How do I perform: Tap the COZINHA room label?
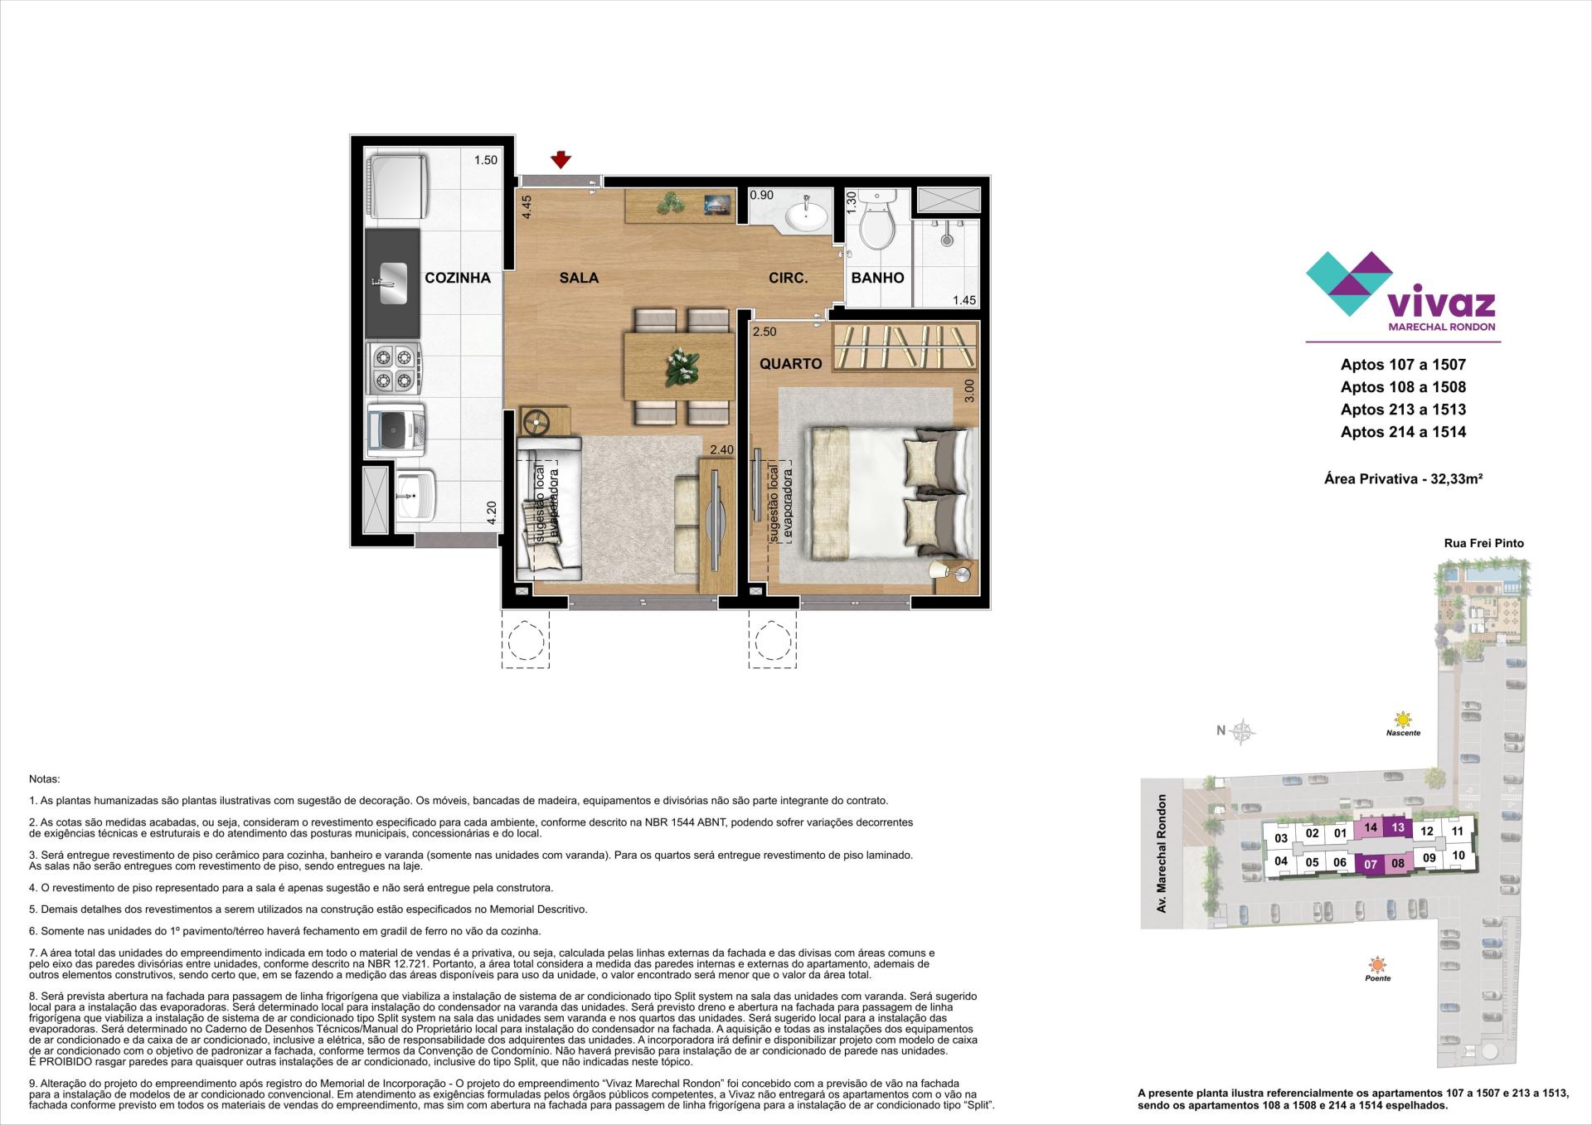(458, 279)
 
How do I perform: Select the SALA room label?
(579, 279)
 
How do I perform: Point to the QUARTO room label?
(791, 364)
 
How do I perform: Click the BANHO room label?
(877, 279)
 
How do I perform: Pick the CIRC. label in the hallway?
(788, 279)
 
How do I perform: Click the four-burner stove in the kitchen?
(394, 369)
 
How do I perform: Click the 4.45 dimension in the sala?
(526, 206)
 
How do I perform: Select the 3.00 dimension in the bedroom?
(970, 390)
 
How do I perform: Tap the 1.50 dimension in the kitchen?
(486, 160)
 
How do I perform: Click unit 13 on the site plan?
(1398, 827)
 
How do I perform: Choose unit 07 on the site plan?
(1371, 864)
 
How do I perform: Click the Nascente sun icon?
(1403, 719)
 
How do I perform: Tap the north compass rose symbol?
(1242, 731)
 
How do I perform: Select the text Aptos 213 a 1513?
(1403, 410)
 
